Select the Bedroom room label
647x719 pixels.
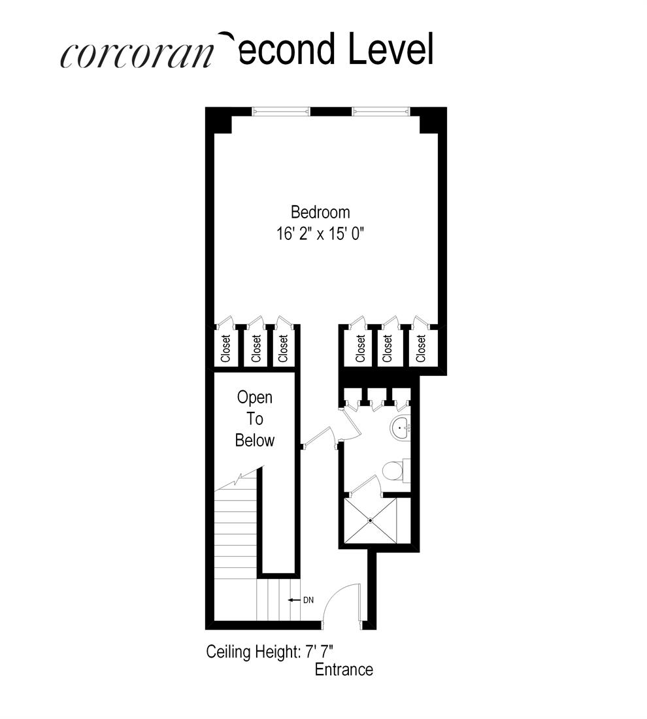pos(320,212)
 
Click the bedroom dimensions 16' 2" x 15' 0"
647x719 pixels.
pos(320,234)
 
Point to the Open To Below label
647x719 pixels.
pos(255,418)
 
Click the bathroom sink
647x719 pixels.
pos(400,429)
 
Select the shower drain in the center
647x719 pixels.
pos(370,520)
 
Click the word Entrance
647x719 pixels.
pos(344,669)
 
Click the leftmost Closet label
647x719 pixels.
pos(226,348)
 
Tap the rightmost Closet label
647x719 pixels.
pos(422,348)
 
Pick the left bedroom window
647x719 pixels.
pos(282,111)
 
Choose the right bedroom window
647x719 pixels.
pos(382,111)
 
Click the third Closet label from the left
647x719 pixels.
pos(283,348)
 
